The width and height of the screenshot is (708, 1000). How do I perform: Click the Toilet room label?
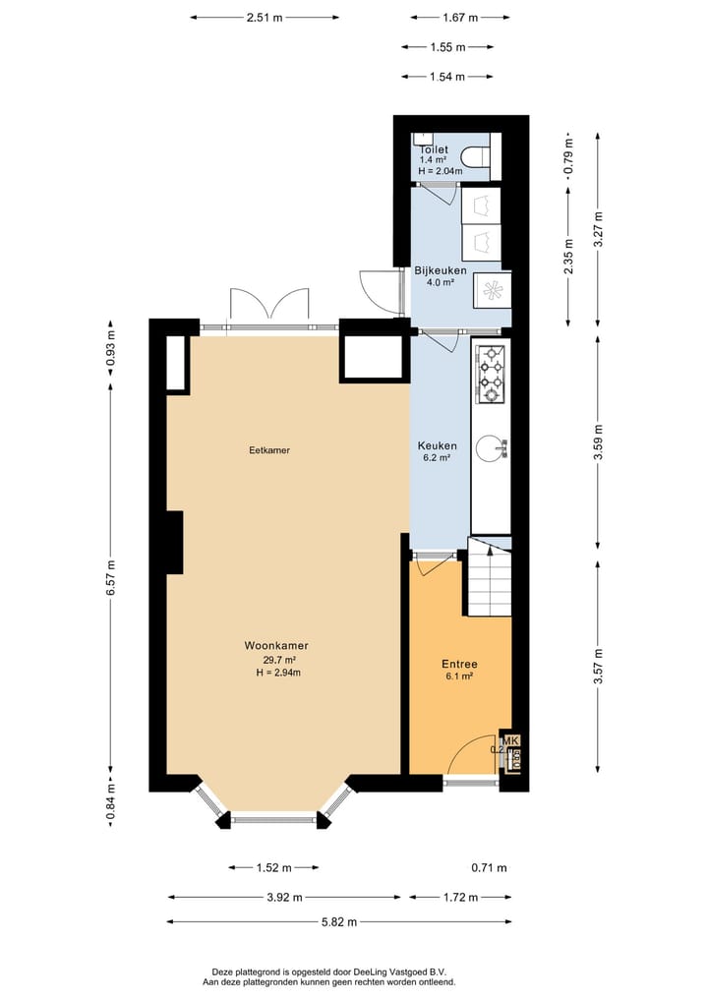pyautogui.click(x=435, y=149)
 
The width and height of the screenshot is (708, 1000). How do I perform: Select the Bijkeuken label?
pyautogui.click(x=440, y=270)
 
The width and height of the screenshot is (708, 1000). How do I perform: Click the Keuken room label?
pyautogui.click(x=437, y=445)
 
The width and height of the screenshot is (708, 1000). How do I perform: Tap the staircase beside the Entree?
pyautogui.click(x=489, y=577)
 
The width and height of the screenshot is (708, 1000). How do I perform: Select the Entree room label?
pyautogui.click(x=459, y=665)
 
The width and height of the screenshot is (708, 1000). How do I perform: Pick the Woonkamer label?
pyautogui.click(x=276, y=646)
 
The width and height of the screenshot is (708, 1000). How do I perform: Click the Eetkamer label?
pyautogui.click(x=269, y=450)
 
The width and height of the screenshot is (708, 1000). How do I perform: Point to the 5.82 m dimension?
pyautogui.click(x=337, y=921)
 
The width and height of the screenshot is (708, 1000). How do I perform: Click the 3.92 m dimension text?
pyautogui.click(x=283, y=897)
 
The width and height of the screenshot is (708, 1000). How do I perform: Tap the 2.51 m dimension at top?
pyautogui.click(x=264, y=18)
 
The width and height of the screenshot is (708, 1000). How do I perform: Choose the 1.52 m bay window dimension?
pyautogui.click(x=273, y=868)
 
